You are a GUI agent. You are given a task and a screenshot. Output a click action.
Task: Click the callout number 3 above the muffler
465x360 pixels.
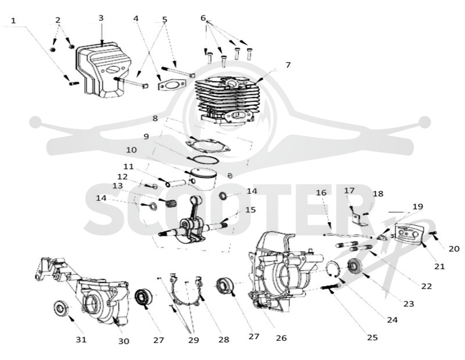tap(101, 18)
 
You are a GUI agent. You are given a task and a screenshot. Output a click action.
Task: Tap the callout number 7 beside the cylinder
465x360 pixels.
tap(288, 65)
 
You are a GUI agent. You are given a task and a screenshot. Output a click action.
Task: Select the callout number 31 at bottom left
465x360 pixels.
tap(81, 340)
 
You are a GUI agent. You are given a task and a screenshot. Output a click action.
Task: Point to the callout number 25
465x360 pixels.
tap(373, 337)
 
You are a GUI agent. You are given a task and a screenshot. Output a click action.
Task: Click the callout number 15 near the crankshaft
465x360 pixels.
tap(251, 210)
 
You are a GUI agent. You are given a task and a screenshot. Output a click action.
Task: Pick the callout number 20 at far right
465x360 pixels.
tap(454, 249)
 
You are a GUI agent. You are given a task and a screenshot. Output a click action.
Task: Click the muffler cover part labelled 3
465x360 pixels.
tap(103, 70)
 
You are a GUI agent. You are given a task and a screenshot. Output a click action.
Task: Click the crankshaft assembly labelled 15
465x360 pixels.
tap(193, 219)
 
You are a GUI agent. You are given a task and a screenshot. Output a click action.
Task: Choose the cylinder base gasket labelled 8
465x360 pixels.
tap(208, 145)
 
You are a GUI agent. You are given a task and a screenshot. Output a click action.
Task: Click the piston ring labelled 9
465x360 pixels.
tap(205, 160)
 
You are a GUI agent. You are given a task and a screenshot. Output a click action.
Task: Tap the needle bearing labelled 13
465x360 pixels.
tap(171, 203)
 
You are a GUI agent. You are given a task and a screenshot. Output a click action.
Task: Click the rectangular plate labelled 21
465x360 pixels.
tap(410, 233)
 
